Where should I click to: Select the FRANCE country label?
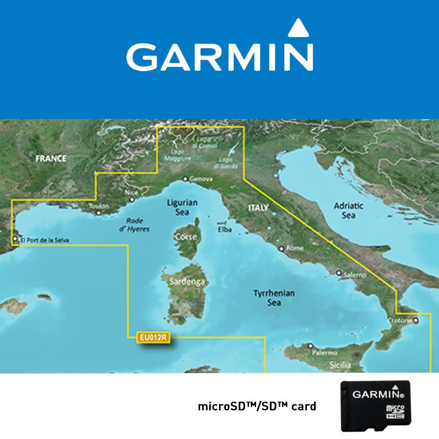[x=50, y=158]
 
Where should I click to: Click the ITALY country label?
[x=259, y=208]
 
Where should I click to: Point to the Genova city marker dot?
[x=185, y=179]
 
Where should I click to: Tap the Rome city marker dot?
[x=281, y=249]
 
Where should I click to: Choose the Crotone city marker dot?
[x=416, y=320]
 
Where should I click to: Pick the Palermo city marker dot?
[x=310, y=346]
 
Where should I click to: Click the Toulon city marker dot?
[x=99, y=213]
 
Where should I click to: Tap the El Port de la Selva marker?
[x=16, y=239]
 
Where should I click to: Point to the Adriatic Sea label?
[x=348, y=210]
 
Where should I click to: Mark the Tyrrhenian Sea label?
[x=274, y=298]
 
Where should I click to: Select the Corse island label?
[x=189, y=237]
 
